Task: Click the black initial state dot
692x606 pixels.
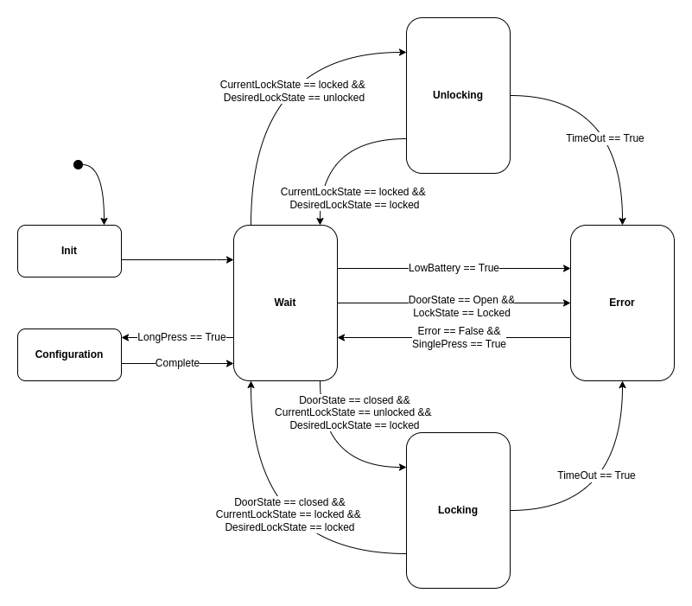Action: [x=78, y=164]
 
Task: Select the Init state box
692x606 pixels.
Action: [x=69, y=251]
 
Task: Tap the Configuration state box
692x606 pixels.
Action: [x=69, y=354]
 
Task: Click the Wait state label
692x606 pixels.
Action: [x=285, y=303]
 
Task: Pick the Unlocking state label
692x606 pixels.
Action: [x=458, y=95]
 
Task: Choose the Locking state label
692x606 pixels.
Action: [x=458, y=510]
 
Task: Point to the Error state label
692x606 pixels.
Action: [x=622, y=303]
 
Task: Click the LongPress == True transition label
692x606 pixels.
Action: [x=181, y=337]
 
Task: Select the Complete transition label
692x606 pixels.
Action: [x=177, y=363]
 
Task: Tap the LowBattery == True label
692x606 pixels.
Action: [x=454, y=268]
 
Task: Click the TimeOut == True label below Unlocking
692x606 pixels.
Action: [x=605, y=138]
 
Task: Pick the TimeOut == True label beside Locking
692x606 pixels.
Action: [x=596, y=475]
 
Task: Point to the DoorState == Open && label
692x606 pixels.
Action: [x=461, y=300]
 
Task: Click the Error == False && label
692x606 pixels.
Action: [x=459, y=331]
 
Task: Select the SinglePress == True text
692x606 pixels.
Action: [x=459, y=344]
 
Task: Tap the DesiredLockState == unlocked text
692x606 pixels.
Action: [x=294, y=98]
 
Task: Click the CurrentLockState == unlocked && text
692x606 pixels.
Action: [x=352, y=412]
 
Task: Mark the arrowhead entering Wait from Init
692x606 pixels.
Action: [x=230, y=259]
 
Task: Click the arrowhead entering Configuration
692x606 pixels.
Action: [x=125, y=337]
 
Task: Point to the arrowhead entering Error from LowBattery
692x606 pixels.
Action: [x=567, y=268]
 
